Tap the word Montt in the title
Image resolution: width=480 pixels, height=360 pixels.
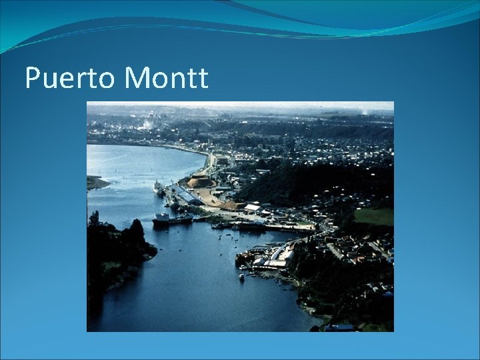coord(166,79)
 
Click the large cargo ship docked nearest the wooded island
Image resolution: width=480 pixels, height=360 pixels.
coord(171,219)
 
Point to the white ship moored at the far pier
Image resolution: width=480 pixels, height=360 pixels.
coord(159,188)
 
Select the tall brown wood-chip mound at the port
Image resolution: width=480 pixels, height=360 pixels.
coord(200,181)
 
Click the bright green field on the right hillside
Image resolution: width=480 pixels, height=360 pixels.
coord(373,216)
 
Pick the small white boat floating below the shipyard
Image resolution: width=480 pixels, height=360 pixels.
coord(241,276)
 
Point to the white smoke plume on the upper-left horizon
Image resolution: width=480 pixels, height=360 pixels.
coord(143,123)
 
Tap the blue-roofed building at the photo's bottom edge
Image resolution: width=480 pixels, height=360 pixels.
coord(340,327)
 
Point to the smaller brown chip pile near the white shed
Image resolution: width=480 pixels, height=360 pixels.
coord(233,205)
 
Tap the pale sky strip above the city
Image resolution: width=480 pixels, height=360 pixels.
coord(240,106)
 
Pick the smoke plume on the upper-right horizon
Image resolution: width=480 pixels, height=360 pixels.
coord(364,111)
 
